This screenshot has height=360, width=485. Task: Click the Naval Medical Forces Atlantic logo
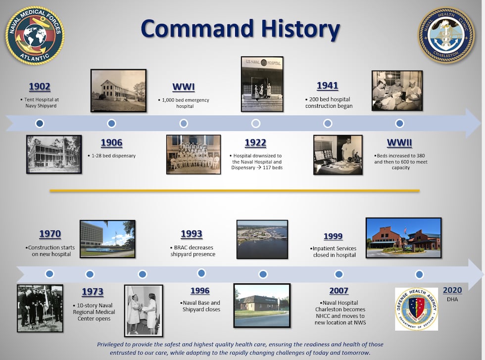click(34, 35)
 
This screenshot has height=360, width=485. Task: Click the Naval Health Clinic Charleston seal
click(446, 35)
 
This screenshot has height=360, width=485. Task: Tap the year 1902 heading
click(40, 87)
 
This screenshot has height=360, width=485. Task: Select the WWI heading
click(184, 87)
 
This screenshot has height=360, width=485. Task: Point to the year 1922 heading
click(255, 143)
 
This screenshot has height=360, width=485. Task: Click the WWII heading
click(399, 143)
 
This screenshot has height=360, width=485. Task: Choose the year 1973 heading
click(93, 292)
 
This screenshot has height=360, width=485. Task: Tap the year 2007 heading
click(339, 291)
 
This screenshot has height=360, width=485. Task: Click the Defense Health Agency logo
click(416, 309)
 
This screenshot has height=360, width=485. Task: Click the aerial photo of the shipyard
click(262, 239)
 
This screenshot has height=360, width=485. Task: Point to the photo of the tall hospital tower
click(107, 239)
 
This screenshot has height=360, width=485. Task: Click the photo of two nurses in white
click(144, 310)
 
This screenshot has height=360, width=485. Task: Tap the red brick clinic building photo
click(403, 238)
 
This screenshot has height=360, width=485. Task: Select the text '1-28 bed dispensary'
click(113, 156)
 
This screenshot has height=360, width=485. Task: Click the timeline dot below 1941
click(328, 123)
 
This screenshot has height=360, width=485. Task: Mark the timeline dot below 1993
click(201, 273)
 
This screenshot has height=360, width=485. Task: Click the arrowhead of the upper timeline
click(473, 123)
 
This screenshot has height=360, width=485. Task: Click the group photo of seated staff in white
click(194, 154)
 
